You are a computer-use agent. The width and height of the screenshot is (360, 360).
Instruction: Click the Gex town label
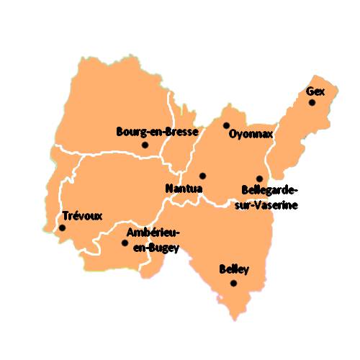[x=315, y=91]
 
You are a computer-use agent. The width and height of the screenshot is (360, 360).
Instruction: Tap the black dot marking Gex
[x=312, y=103]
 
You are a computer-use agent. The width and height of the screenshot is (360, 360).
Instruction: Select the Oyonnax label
[x=251, y=133]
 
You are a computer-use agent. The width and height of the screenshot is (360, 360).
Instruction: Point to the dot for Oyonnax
[x=226, y=125]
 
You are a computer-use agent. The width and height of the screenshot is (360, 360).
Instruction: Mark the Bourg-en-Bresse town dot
[x=145, y=145]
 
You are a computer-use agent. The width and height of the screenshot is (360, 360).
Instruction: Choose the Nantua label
[x=184, y=188]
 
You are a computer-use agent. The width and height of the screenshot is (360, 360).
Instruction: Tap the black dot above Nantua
[x=202, y=176]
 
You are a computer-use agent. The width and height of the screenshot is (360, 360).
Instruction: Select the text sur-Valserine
[x=271, y=204]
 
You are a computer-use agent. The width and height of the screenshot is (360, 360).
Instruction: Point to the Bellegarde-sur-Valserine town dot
[x=259, y=178]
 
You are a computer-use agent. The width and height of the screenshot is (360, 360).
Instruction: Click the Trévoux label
[x=83, y=215]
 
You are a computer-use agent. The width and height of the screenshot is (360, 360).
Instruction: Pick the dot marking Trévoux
[x=62, y=228]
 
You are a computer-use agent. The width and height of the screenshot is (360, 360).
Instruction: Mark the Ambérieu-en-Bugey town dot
[x=125, y=243]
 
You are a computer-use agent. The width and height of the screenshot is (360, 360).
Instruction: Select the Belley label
[x=233, y=270]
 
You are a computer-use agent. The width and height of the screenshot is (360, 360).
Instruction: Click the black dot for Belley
[x=233, y=283]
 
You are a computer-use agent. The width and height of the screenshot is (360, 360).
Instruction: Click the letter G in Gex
[x=310, y=91]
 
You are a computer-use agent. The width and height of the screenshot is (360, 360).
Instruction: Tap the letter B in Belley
[x=222, y=270]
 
